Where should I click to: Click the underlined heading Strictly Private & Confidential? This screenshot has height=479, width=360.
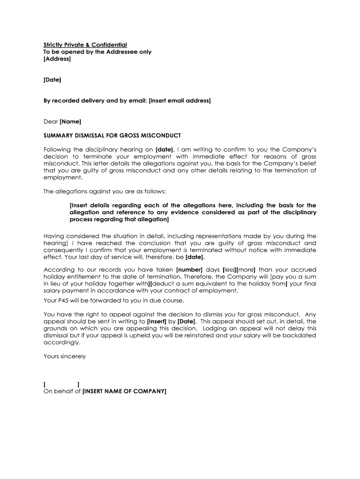[85, 44]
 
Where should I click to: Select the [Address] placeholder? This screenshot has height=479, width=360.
[57, 59]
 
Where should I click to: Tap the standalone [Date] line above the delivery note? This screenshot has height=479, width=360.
[52, 80]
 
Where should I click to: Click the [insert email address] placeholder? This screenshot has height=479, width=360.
[180, 101]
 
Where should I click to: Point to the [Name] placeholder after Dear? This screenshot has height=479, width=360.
[70, 122]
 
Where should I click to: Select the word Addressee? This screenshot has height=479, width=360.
[122, 52]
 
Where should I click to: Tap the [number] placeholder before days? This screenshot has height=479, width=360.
[189, 270]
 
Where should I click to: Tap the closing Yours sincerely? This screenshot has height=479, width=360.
[65, 356]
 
